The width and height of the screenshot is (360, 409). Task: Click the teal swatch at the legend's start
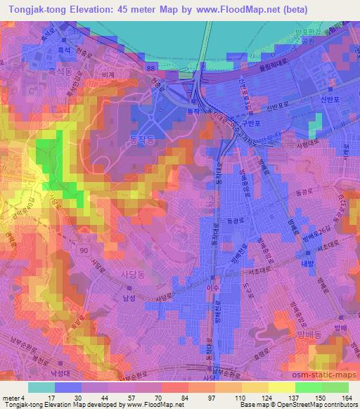click(x=41, y=387)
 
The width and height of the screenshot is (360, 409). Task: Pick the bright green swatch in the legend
click(x=308, y=387)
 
